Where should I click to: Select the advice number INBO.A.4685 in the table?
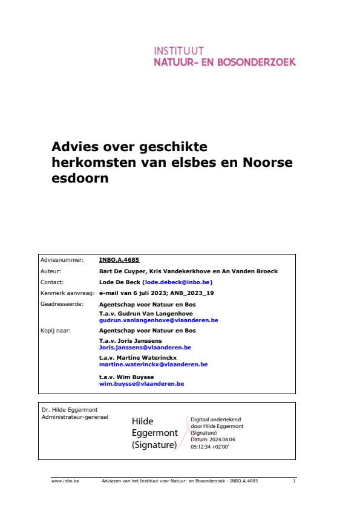click(x=119, y=262)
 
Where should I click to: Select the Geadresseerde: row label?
click(x=60, y=303)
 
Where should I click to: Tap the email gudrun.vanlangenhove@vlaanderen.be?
click(x=159, y=320)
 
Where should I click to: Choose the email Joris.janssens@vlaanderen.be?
click(x=145, y=348)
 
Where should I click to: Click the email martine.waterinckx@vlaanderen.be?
click(x=153, y=365)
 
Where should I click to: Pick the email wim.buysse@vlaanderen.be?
click(x=142, y=383)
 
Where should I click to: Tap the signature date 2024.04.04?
click(x=215, y=439)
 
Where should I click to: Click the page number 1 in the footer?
click(x=293, y=481)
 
